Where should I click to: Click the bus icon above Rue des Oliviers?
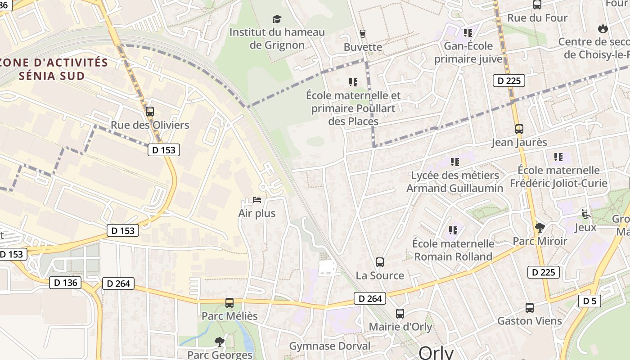[x=150, y=111]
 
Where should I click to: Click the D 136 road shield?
[x=65, y=283]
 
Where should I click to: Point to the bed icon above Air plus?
[x=257, y=199]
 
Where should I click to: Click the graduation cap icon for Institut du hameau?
[x=277, y=19]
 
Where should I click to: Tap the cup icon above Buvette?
[x=363, y=33]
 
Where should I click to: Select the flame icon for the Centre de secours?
[x=603, y=29]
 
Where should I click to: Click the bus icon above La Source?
[x=380, y=262]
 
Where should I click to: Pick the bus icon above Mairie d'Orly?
[x=400, y=313]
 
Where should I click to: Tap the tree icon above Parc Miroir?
[x=540, y=228]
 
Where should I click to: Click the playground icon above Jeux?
[x=585, y=214]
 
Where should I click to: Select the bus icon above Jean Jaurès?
[x=519, y=129]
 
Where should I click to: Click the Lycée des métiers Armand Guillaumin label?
[x=454, y=182]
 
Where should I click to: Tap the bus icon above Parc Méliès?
[x=229, y=302]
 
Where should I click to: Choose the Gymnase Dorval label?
[x=330, y=346]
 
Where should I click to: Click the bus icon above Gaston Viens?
[x=530, y=308]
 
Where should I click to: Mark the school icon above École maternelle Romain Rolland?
[x=453, y=230]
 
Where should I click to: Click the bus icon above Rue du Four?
[x=537, y=4]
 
